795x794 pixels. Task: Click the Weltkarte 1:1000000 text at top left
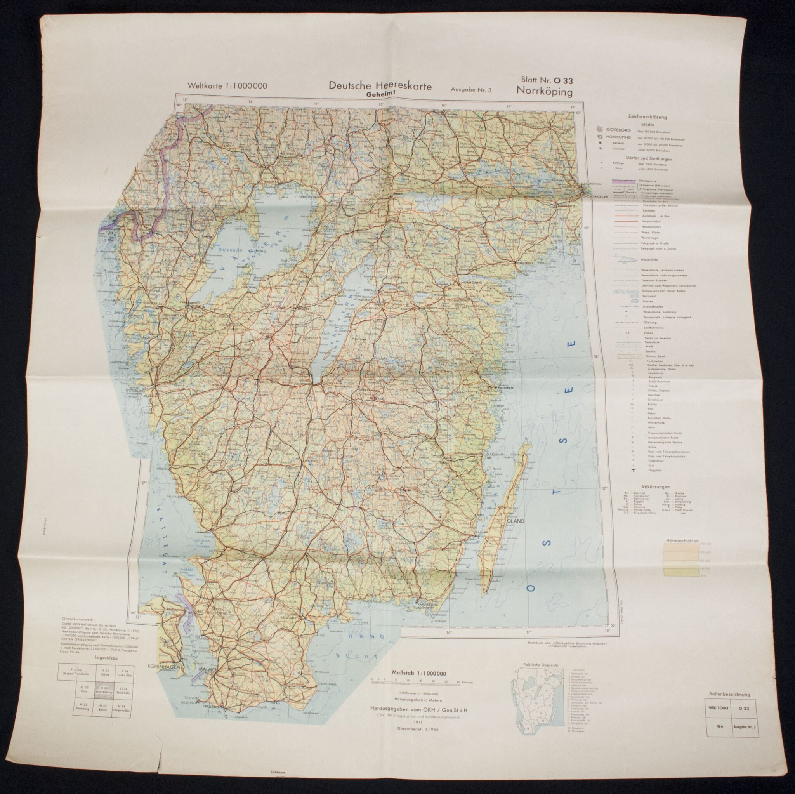point(227,86)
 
